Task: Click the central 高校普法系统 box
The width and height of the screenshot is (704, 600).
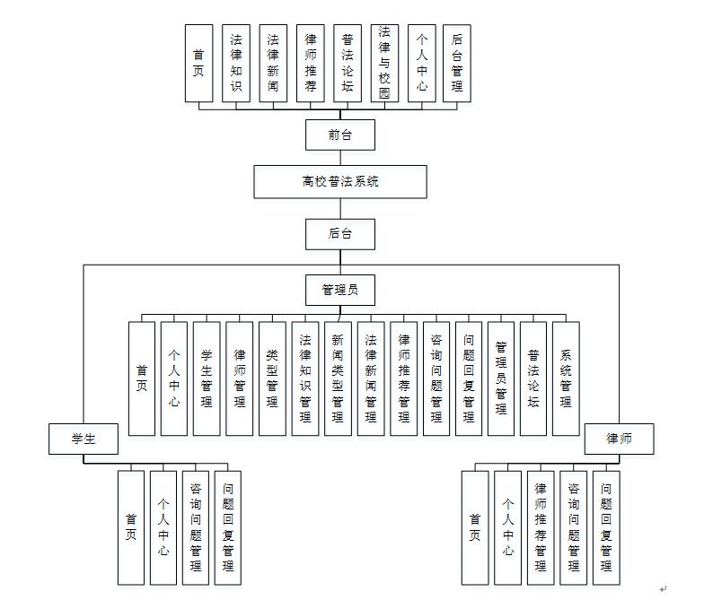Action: (x=339, y=181)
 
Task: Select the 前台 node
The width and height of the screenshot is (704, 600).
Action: (x=339, y=135)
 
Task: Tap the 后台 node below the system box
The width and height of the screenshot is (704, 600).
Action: (x=339, y=234)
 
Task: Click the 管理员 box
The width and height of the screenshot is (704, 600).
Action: (x=339, y=290)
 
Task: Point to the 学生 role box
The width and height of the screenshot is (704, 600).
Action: (x=84, y=438)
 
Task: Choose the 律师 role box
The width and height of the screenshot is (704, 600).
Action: (x=620, y=439)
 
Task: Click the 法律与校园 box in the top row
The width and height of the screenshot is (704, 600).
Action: (x=384, y=62)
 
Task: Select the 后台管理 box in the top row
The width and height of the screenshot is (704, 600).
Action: (x=457, y=62)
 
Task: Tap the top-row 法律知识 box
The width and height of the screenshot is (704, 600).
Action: (x=236, y=62)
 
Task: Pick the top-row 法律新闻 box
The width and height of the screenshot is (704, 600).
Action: (x=273, y=62)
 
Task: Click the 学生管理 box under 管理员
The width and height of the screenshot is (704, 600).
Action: (x=207, y=378)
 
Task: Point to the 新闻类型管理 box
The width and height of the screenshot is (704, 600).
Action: (x=338, y=378)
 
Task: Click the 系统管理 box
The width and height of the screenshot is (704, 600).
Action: (x=566, y=378)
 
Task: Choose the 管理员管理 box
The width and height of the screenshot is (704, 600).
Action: (x=501, y=378)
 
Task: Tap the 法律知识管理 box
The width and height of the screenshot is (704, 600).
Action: (x=305, y=378)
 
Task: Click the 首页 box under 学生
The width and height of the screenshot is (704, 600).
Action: (x=131, y=527)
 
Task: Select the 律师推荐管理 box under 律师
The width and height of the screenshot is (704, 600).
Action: (x=541, y=527)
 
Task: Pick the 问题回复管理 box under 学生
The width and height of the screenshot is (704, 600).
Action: (x=228, y=527)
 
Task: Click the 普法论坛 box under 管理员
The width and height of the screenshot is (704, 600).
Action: (x=533, y=378)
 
